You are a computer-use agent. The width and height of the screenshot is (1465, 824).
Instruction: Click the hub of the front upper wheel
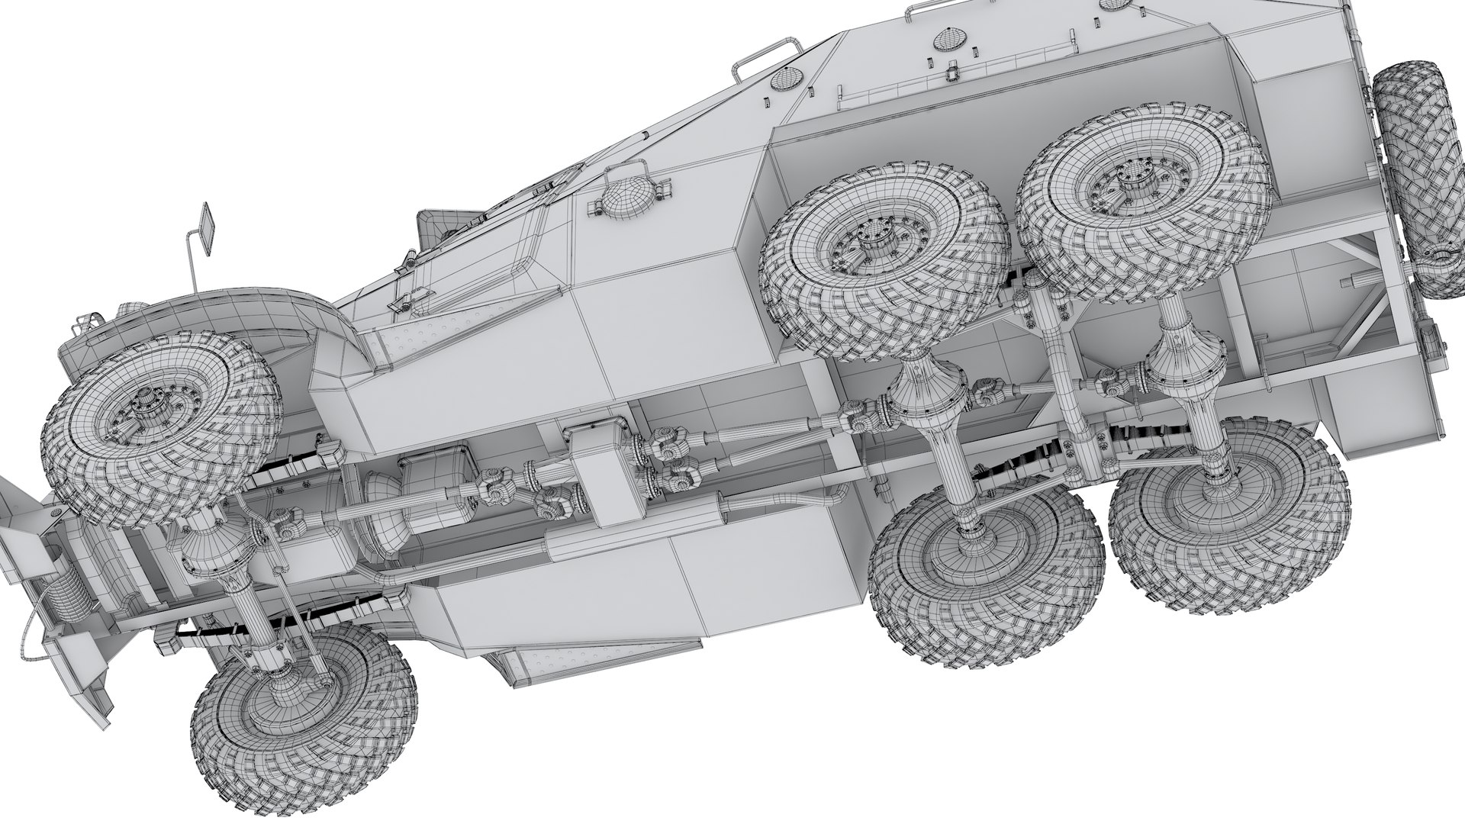(145, 409)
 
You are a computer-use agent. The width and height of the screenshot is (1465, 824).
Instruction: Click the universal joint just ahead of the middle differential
(858, 418)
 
